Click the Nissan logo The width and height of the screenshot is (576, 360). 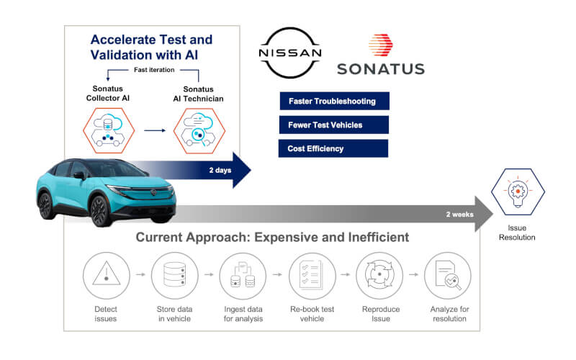290,54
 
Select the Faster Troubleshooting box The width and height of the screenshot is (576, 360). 333,101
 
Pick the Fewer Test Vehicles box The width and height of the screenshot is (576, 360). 333,125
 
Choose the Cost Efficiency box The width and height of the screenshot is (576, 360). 333,148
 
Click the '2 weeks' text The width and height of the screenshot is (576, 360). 460,214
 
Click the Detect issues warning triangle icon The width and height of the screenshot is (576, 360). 107,276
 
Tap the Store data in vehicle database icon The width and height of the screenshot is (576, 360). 174,276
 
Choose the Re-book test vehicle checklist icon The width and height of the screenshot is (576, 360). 311,276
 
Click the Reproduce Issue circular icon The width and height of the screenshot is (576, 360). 379,276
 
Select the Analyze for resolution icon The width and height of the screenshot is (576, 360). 448,276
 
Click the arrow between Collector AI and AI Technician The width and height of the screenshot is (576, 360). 153,131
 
